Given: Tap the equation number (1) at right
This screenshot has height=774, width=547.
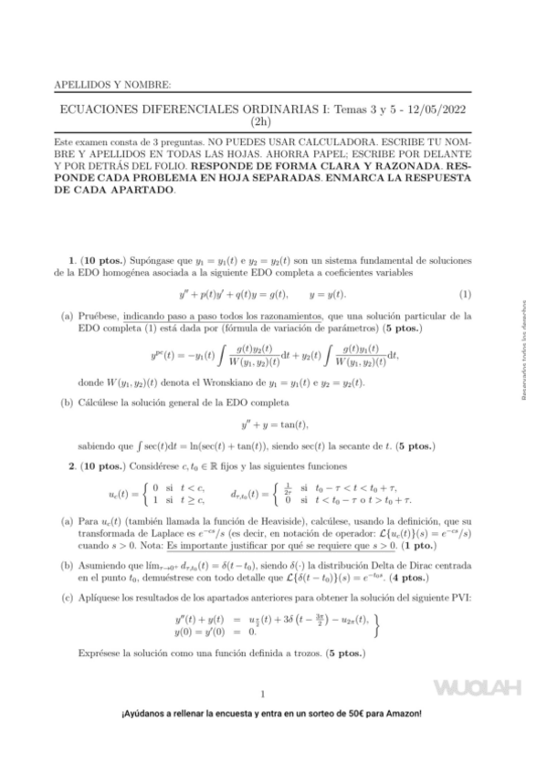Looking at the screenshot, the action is point(465,294).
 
